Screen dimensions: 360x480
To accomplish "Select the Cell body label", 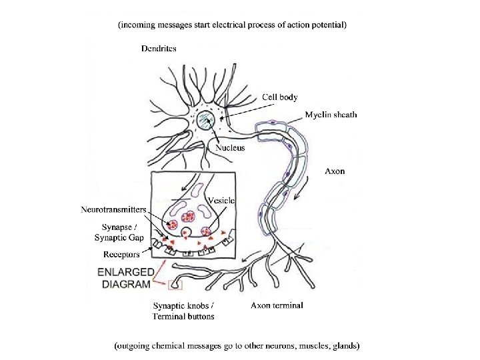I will [x=279, y=97].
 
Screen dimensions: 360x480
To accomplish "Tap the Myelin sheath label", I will [x=331, y=115].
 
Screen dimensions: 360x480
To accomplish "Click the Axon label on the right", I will [x=335, y=171].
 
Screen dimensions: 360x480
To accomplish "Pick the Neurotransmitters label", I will [x=113, y=209].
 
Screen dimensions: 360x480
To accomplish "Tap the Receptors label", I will [x=121, y=254].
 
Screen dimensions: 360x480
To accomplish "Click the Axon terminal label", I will [x=277, y=306].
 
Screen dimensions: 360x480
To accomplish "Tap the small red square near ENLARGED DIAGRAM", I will [x=175, y=286].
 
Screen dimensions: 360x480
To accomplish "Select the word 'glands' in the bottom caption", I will [x=345, y=346].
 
